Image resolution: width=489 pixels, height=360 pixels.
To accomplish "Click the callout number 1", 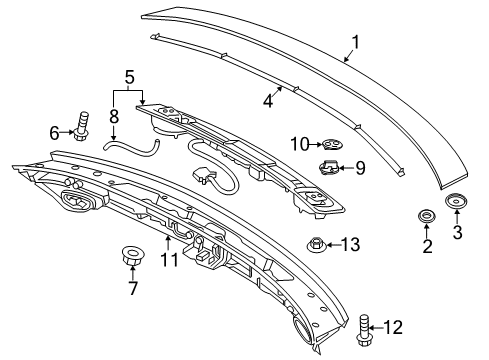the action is [356, 43].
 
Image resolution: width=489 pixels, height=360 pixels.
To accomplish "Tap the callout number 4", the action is [268, 100].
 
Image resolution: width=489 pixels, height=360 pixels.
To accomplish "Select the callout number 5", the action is [130, 77].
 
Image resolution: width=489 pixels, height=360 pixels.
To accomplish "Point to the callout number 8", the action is [114, 117].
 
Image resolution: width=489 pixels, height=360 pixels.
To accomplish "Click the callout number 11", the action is [170, 260].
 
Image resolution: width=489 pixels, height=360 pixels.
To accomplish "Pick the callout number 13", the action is [351, 245].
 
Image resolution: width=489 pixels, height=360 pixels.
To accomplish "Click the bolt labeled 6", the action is [82, 126].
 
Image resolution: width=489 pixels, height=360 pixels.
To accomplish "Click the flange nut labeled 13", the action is [316, 246].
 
